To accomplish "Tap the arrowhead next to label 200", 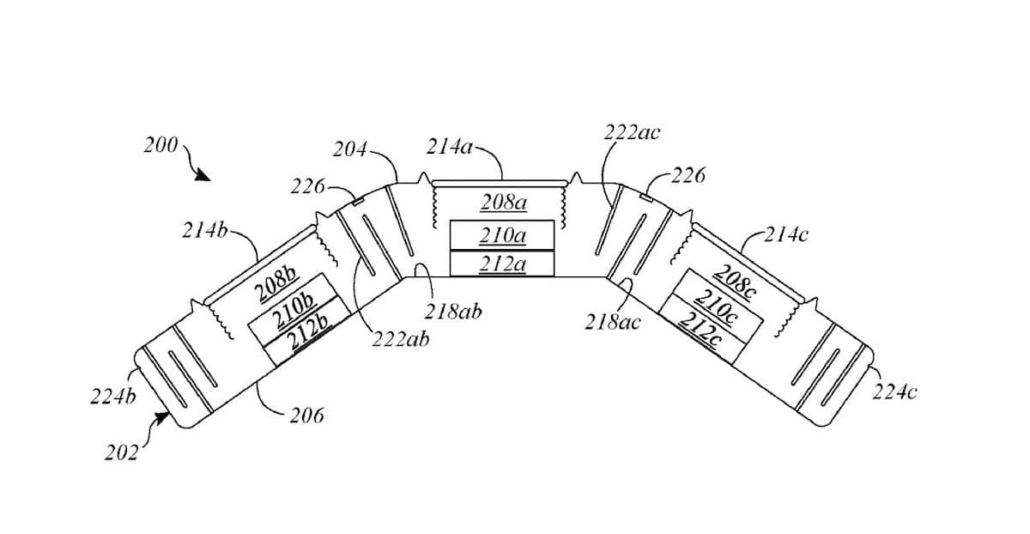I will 203,175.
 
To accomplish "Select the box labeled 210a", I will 502,235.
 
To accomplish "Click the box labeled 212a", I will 502,264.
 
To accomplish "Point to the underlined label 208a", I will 503,203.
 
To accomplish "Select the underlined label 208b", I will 277,285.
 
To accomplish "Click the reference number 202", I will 121,452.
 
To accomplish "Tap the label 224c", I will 894,392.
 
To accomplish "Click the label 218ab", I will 452,312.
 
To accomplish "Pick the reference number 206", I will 306,416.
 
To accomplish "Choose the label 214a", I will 449,147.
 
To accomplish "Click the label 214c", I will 785,234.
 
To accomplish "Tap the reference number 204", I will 348,152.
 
